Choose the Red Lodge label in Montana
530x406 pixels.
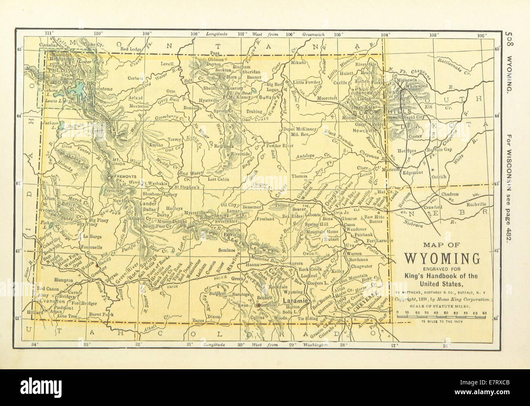pyautogui.click(x=130, y=49)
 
